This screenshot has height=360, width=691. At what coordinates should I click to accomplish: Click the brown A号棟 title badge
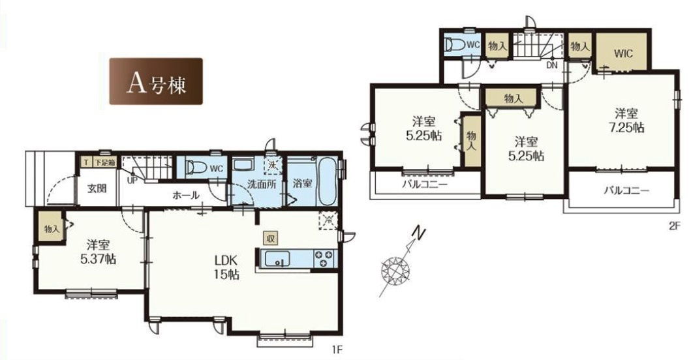click(155, 82)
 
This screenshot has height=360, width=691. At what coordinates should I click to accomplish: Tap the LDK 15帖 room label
click(226, 267)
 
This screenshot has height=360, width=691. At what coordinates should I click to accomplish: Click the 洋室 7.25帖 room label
click(623, 120)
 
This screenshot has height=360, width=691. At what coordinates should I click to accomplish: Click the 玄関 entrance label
click(97, 189)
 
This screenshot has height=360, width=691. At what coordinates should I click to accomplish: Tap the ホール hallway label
click(186, 195)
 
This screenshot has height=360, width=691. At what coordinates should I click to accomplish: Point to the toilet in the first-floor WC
click(196, 168)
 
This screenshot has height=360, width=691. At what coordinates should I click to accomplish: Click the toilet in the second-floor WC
click(453, 45)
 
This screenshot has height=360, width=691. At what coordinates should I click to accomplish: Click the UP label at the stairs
click(132, 180)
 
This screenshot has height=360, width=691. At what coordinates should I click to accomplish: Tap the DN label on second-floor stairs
click(551, 65)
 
